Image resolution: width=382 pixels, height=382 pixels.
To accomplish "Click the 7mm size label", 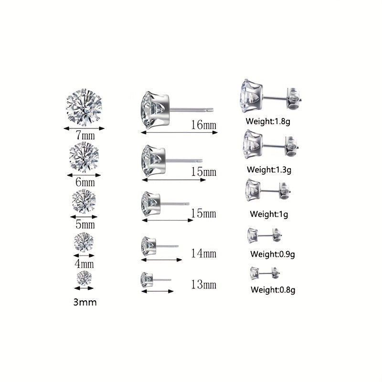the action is click(x=85, y=136).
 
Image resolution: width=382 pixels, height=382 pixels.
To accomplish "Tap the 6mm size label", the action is click(x=85, y=182).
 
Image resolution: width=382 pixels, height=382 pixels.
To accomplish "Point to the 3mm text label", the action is click(x=85, y=302).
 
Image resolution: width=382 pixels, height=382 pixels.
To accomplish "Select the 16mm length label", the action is click(x=204, y=125).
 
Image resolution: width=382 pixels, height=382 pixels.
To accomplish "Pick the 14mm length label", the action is click(x=204, y=254).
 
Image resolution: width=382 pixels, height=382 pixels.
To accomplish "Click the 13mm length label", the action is click(x=204, y=285).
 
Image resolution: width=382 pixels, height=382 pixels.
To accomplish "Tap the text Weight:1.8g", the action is click(x=268, y=121).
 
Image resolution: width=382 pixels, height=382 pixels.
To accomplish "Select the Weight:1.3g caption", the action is click(x=269, y=170).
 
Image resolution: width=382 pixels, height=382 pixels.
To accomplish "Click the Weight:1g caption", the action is click(x=269, y=214).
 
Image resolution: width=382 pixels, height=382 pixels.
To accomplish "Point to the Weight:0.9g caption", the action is click(x=273, y=254).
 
